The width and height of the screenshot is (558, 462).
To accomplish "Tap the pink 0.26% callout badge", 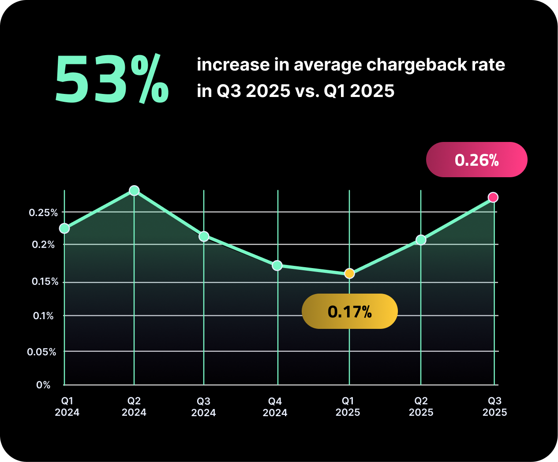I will [x=476, y=160].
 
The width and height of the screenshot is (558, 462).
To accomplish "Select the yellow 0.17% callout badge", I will [x=349, y=311].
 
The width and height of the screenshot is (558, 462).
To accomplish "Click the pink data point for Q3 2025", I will [x=493, y=197].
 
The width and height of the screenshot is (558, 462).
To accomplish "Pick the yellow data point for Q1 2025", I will [x=349, y=273].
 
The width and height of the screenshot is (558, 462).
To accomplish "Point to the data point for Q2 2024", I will [x=134, y=190].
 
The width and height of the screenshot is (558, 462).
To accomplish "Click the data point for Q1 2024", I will [x=64, y=228].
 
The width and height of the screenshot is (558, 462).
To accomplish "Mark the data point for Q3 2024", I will [x=204, y=236].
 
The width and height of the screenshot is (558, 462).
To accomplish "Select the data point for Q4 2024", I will [x=277, y=265].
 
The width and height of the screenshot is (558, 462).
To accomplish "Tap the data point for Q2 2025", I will [x=421, y=240].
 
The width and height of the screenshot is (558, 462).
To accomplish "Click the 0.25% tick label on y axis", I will [x=43, y=212].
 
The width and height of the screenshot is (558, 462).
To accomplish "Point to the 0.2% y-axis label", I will [x=43, y=245].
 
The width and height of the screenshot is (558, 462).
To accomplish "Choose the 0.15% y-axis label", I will [x=45, y=282].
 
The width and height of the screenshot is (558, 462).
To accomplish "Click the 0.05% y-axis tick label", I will [x=41, y=352].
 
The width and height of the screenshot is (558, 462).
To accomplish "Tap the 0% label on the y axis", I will [x=43, y=385].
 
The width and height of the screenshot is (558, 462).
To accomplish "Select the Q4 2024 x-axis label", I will [x=275, y=407].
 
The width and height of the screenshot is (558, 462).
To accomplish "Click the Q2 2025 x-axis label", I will [x=421, y=406].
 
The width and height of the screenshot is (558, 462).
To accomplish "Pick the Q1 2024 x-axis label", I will [x=67, y=406].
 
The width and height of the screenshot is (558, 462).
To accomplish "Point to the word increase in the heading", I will [x=233, y=65].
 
